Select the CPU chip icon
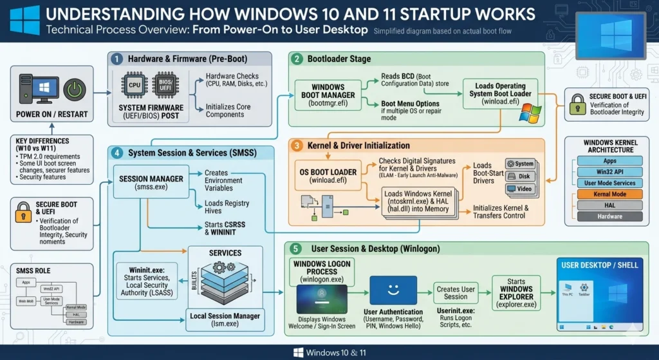click(135, 84)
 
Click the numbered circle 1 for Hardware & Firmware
click(116, 59)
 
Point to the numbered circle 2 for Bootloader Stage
click(297, 59)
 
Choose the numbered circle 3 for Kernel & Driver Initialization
click(297, 146)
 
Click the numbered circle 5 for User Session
click(297, 248)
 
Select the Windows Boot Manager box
click(328, 94)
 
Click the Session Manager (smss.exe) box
click(152, 183)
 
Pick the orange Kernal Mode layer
click(609, 194)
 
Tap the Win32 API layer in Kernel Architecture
click(609, 172)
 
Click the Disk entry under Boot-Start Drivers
click(521, 176)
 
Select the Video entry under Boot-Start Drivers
click(521, 189)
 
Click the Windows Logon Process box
click(322, 271)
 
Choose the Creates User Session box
click(456, 292)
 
